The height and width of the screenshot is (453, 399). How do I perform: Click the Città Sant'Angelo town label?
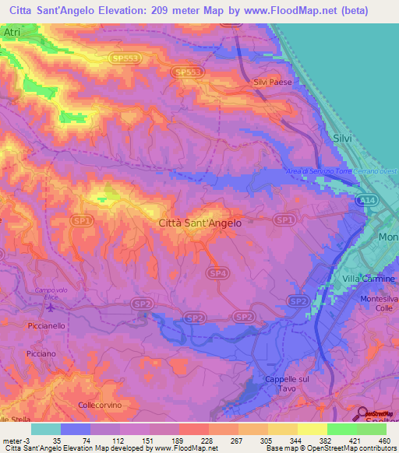[199, 223]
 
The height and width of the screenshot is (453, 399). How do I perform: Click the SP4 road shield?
[218, 273]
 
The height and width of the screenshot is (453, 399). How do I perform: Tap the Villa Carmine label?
[369, 278]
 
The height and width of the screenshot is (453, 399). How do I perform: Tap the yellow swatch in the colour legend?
[312, 429]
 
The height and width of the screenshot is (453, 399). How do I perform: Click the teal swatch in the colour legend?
[45, 429]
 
